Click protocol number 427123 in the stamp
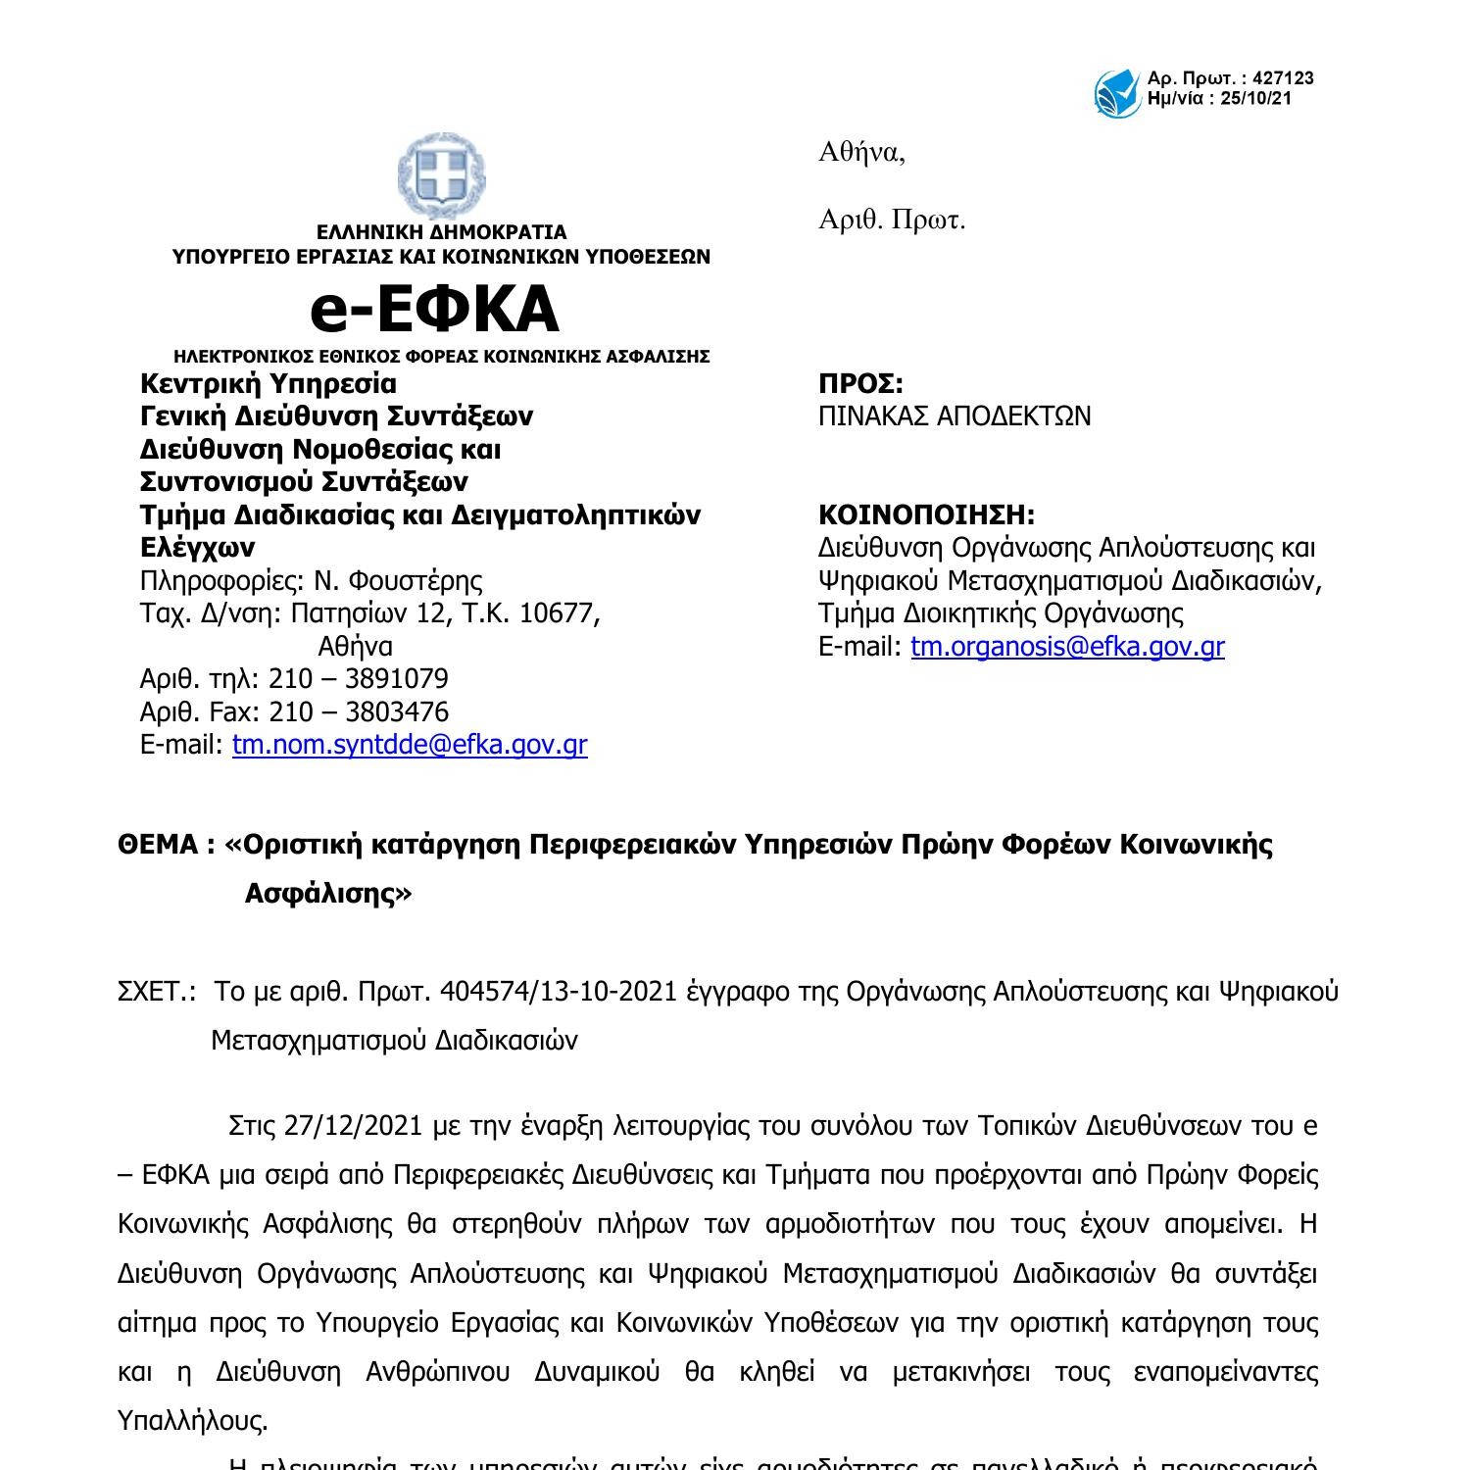(x=1283, y=78)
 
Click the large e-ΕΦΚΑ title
(x=434, y=309)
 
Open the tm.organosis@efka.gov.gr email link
(x=1067, y=647)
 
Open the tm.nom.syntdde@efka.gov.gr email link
(x=410, y=745)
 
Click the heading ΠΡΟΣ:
(x=860, y=383)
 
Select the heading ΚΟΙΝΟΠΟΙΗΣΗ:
(x=926, y=514)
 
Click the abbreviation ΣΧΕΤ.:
(x=157, y=992)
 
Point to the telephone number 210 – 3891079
(x=359, y=679)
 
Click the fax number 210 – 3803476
(x=359, y=711)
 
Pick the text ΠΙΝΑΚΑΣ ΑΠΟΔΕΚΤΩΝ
(x=955, y=416)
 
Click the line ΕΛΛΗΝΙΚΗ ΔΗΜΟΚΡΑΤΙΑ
(x=441, y=232)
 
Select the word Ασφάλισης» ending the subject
(x=328, y=894)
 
